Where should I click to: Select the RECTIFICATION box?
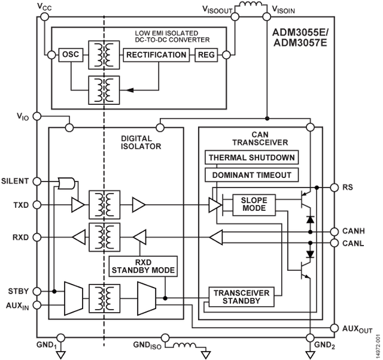click(x=156, y=55)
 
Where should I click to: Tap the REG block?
click(x=206, y=55)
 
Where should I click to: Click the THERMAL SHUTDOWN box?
click(x=251, y=157)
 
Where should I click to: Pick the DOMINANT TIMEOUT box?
click(x=251, y=175)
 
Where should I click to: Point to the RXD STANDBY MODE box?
click(x=143, y=266)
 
